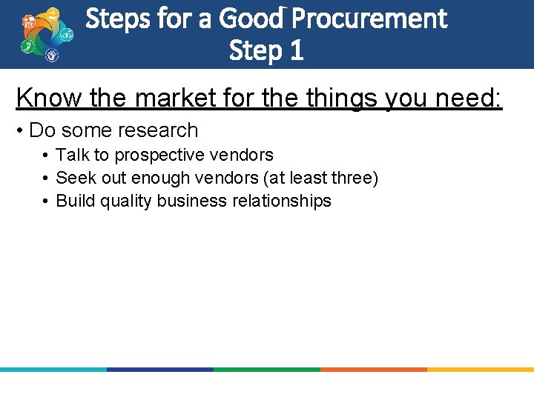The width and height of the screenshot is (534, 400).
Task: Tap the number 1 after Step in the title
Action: click(296, 51)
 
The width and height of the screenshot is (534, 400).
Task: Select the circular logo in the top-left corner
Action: click(47, 35)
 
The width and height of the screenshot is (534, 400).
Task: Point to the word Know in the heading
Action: click(43, 98)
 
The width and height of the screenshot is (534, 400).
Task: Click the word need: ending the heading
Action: click(472, 98)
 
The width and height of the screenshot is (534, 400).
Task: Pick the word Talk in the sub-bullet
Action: click(72, 155)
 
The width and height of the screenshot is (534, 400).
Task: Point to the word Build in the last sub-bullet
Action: click(76, 201)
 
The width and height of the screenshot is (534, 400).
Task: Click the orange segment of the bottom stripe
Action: click(373, 369)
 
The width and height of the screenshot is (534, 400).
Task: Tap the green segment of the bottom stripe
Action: click(266, 369)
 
